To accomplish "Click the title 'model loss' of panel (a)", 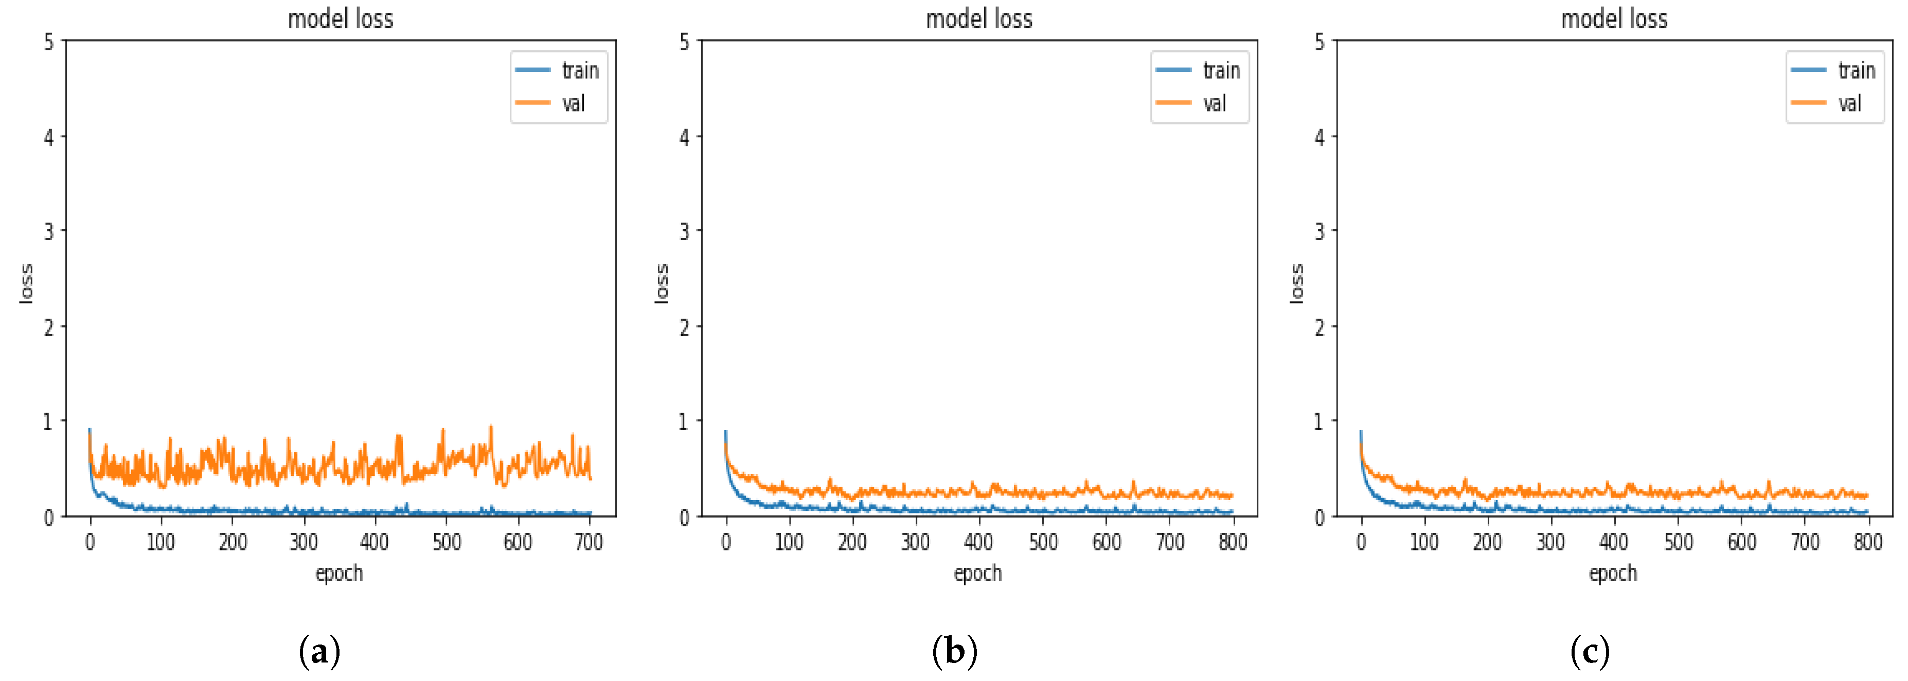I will coord(340,19).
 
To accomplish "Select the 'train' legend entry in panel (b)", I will coord(1220,70).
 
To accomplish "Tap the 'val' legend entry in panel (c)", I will coord(1849,103).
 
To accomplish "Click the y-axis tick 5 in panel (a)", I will coord(49,42).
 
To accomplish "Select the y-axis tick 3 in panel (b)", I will coord(684,232).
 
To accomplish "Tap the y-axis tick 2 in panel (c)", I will coord(1319,327).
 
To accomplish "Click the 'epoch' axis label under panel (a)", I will coord(339,574).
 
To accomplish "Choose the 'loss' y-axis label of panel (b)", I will coord(662,284).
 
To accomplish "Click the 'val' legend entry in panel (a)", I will coord(573,103).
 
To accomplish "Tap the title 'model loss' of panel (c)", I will coord(1614,19).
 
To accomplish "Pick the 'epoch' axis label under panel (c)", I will coord(1613,574).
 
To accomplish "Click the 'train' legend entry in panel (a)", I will coord(579,70).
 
